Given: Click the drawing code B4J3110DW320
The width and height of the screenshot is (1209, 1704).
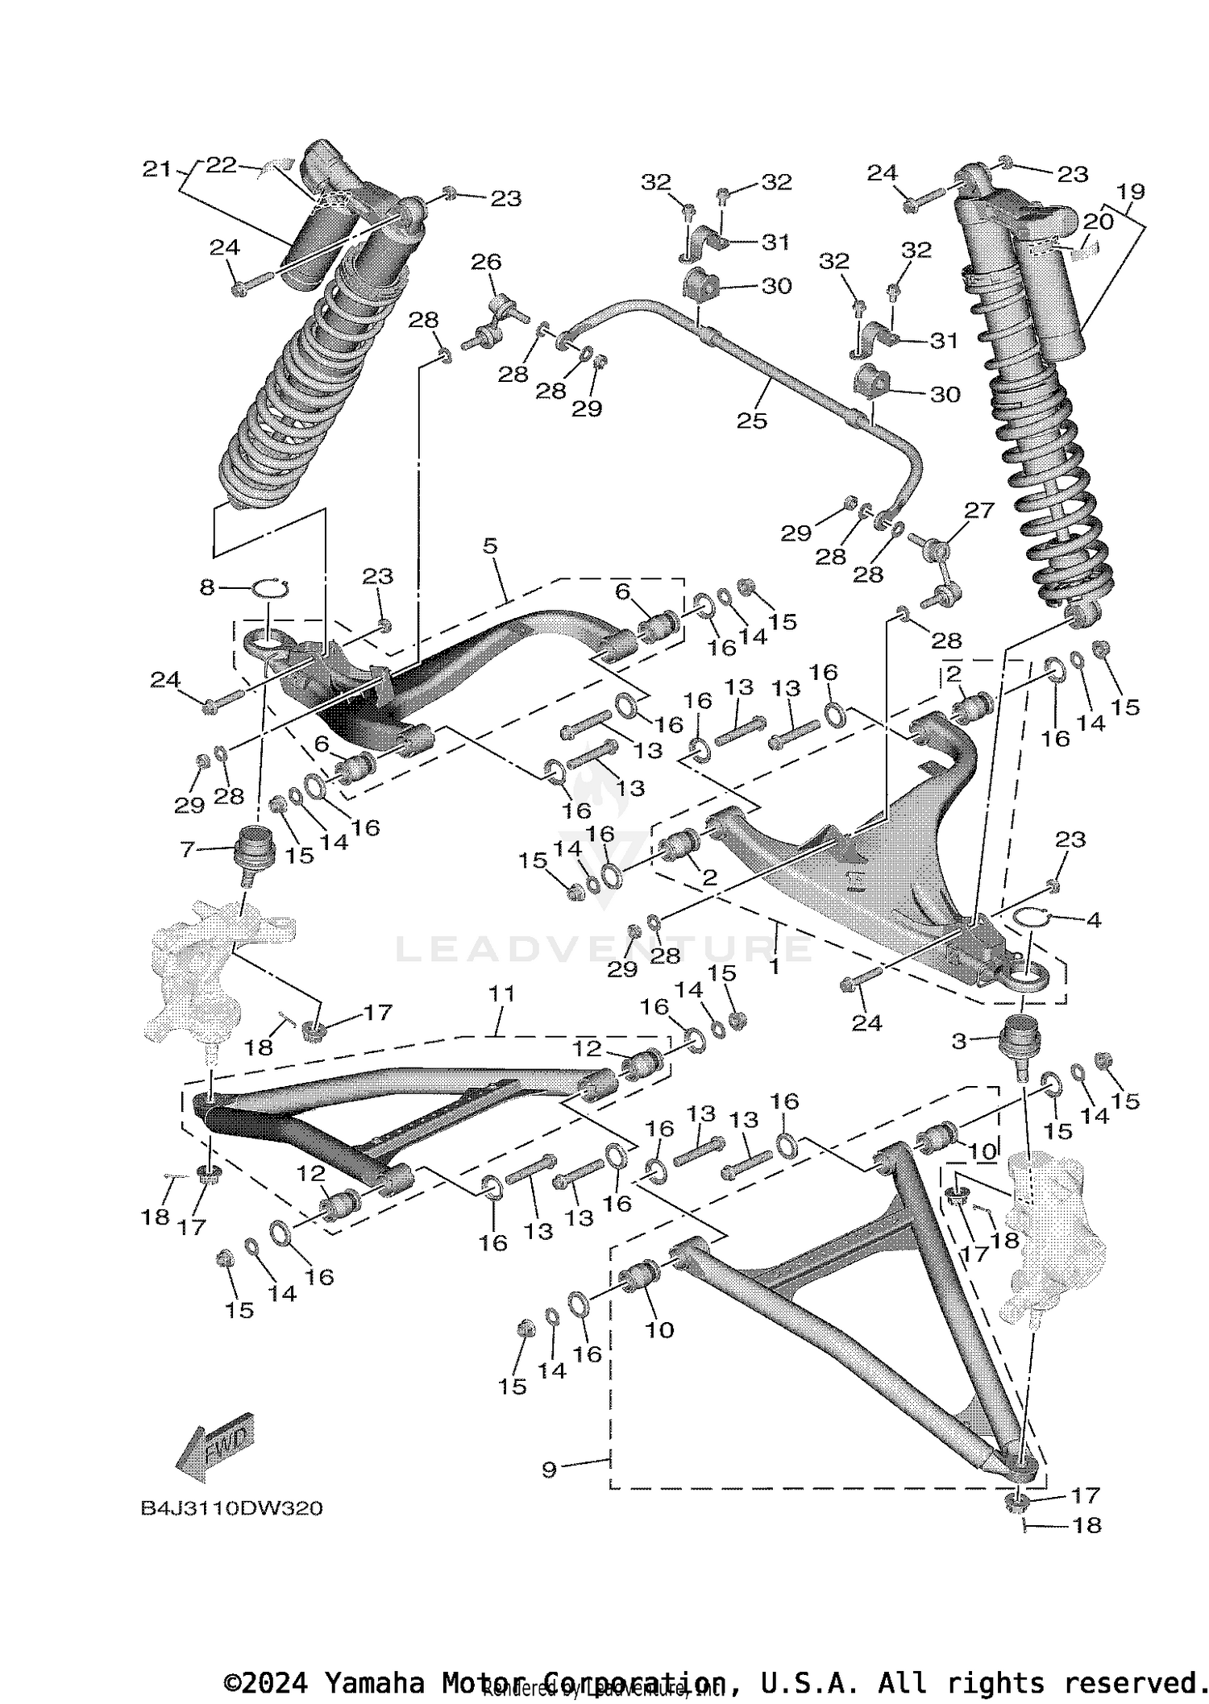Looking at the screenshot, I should (x=232, y=1508).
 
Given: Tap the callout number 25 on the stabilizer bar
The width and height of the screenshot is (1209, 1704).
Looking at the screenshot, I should (x=751, y=421).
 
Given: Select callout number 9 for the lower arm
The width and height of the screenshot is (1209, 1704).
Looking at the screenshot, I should (x=549, y=1469).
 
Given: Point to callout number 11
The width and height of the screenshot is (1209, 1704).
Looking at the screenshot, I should (x=501, y=994).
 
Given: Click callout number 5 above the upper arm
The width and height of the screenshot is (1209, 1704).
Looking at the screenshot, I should (x=490, y=546).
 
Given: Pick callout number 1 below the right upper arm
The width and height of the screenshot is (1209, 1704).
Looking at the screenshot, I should (x=775, y=966).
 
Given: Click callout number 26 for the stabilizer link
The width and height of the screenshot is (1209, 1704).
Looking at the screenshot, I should (x=486, y=261).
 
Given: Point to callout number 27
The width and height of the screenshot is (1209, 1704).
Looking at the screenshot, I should (x=979, y=510).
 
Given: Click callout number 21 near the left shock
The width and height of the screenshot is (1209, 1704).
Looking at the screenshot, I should (x=156, y=169).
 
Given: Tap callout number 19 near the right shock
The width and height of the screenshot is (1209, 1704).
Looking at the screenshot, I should (x=1132, y=192).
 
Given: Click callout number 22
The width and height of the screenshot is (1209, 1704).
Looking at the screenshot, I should (x=222, y=164).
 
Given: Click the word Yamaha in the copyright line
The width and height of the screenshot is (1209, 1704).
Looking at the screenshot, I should (x=373, y=1683).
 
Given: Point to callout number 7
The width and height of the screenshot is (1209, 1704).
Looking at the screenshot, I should (x=187, y=849).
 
